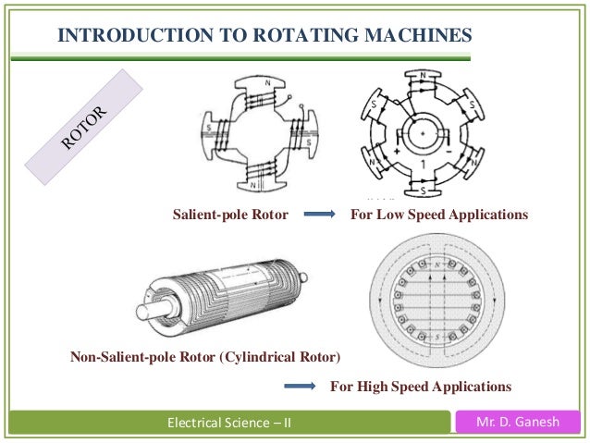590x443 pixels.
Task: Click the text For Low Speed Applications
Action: click(x=438, y=215)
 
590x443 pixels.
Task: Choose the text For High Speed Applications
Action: click(x=421, y=385)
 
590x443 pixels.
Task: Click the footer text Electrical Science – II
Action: click(x=227, y=425)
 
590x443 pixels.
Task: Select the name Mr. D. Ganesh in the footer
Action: click(x=519, y=424)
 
